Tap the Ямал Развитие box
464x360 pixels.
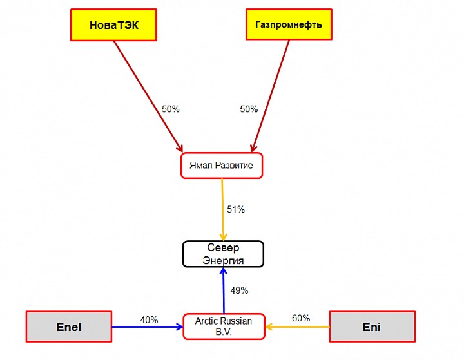pos(222,166)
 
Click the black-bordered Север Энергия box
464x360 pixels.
pos(223,254)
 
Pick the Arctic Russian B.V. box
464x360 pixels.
pos(224,326)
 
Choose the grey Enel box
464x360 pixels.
pos(69,327)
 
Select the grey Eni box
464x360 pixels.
pos(372,327)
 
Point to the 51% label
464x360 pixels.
pos(236,209)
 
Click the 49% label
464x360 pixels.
pos(239,290)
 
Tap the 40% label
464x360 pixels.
pos(149,320)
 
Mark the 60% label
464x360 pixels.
pos(301,318)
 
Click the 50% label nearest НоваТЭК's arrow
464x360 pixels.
pos(171,109)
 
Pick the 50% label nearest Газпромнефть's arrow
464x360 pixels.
pos(249,109)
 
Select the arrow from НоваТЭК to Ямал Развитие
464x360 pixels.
pos(148,97)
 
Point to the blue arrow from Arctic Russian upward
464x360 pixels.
pos(224,291)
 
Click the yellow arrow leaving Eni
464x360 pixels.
pos(298,327)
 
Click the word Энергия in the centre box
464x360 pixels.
pos(223,260)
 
